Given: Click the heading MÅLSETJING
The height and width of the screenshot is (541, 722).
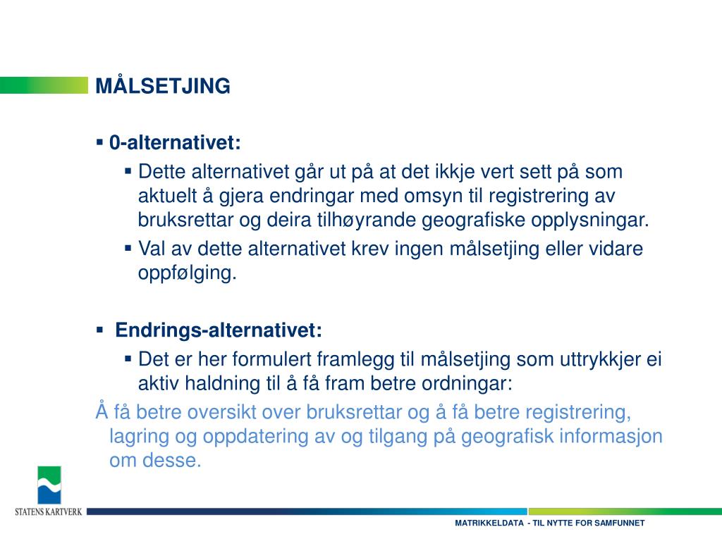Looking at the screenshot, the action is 163,85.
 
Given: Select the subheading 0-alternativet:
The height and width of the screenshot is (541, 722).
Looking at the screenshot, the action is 175,142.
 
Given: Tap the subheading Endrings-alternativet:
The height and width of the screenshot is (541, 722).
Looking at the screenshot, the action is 219,330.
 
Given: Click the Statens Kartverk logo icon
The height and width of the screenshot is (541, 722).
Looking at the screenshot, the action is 49,485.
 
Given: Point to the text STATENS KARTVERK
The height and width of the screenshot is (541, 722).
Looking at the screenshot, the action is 49,511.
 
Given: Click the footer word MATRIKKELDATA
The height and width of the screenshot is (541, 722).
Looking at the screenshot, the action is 489,523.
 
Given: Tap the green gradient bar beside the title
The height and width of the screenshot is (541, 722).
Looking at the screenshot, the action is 44,85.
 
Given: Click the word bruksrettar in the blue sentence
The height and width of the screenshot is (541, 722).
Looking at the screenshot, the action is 354,412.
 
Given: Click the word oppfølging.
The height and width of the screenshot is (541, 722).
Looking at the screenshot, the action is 187,273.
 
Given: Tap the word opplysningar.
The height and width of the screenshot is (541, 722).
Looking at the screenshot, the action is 590,220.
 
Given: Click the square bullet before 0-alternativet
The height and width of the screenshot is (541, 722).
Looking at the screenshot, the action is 100,142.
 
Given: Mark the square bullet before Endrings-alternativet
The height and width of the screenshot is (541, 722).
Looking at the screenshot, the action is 100,330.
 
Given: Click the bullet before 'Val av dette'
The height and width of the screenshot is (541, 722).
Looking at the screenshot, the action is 128,249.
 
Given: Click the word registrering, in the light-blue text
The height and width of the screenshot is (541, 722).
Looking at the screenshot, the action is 578,412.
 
